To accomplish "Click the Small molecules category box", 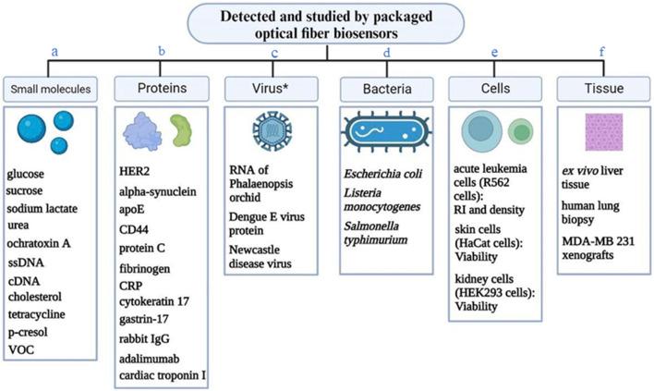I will [x=53, y=89].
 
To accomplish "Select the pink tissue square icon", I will [x=601, y=130].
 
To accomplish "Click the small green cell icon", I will [x=521, y=131].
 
